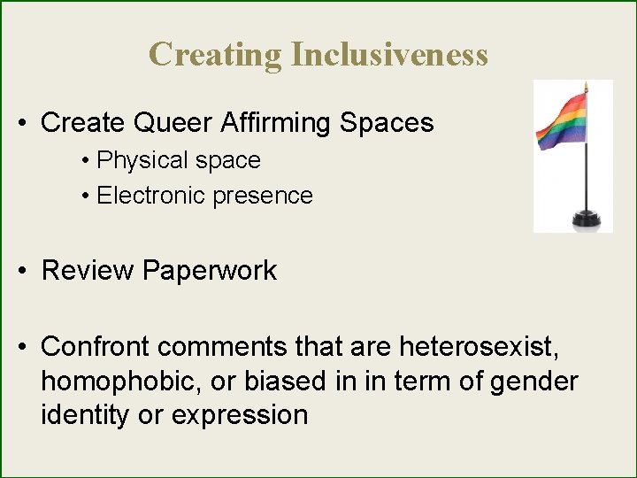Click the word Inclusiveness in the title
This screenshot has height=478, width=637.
[389, 54]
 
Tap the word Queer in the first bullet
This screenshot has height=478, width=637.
[167, 122]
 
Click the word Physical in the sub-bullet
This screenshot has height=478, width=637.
[142, 160]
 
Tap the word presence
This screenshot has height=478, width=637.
[265, 196]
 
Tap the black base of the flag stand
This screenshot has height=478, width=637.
[585, 217]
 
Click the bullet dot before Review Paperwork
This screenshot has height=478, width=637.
[26, 271]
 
